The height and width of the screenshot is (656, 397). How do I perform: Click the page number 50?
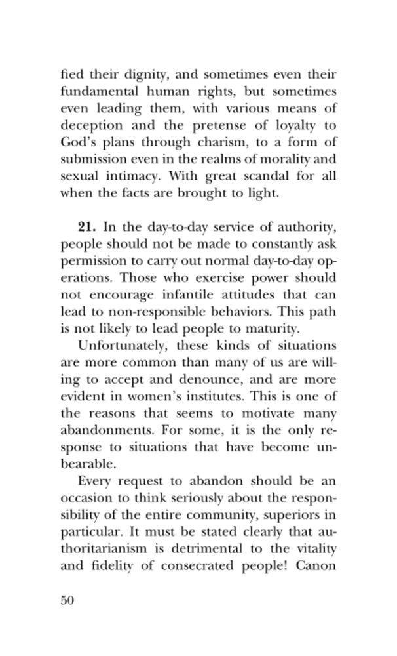[x=67, y=601]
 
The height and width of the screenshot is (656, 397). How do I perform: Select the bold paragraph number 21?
[x=87, y=227]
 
